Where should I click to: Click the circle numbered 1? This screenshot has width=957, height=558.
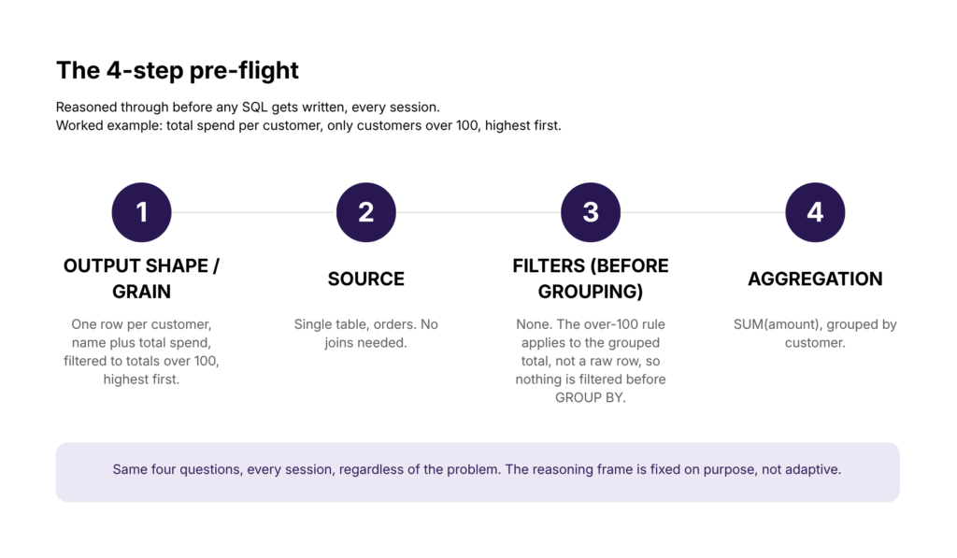[x=142, y=212]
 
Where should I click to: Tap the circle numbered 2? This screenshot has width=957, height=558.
[x=366, y=212]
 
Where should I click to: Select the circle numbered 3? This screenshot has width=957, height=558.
[x=591, y=212]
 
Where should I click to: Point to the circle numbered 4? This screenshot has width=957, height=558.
[x=815, y=212]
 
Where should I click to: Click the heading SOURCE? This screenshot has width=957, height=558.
[x=366, y=279]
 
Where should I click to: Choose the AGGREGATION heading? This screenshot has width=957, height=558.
[x=815, y=279]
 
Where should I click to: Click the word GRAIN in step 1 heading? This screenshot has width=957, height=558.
[x=142, y=292]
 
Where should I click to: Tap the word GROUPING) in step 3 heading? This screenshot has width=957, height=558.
[x=591, y=292]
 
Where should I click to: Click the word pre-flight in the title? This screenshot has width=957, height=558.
[x=244, y=71]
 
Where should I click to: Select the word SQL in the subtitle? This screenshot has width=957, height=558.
[x=254, y=107]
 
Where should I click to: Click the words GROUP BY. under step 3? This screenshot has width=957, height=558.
[x=591, y=398]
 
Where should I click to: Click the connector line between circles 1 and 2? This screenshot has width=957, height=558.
[x=254, y=212]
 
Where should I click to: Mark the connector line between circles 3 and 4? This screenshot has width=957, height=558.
[x=703, y=212]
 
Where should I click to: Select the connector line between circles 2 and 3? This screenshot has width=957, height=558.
[x=478, y=212]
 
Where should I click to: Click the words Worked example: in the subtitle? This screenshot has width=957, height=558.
[x=109, y=126]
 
